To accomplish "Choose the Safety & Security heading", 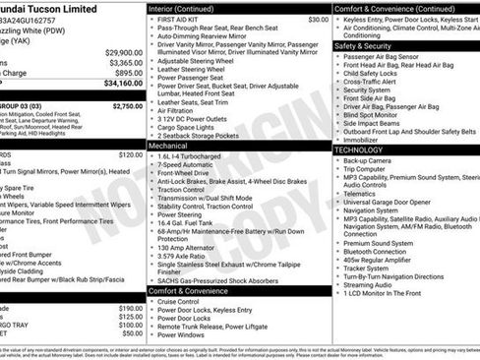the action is [x=361, y=46].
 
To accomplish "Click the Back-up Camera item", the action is [x=368, y=160].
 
